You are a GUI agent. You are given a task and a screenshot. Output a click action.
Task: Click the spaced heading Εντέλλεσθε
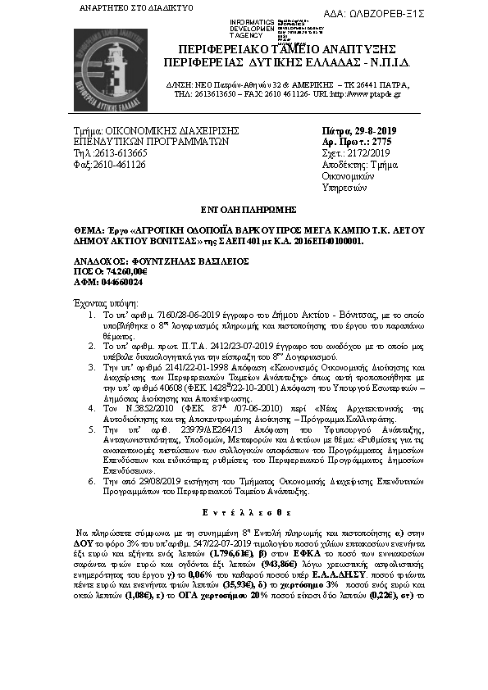click(x=244, y=510)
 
